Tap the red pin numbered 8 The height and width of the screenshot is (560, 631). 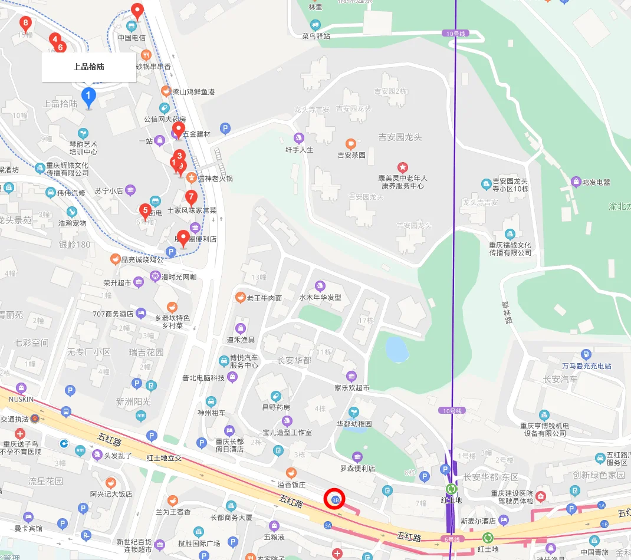pos(25,24)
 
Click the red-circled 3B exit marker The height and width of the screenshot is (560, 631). pos(336,499)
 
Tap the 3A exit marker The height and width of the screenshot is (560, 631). pos(328,525)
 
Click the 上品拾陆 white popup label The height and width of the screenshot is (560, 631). pos(88,67)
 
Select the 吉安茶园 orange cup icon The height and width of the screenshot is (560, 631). pos(351,144)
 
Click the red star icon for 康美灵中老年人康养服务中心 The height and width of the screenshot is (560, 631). pos(403,167)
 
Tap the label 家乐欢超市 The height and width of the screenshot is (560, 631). pos(351,388)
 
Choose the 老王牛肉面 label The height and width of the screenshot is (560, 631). pos(264,298)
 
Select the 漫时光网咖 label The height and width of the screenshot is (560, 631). pos(179,276)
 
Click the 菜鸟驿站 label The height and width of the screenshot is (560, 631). pos(315,36)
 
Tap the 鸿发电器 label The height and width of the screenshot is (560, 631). pos(596,182)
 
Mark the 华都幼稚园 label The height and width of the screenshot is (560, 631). pos(354,424)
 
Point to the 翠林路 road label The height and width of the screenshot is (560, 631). pos(505,313)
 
